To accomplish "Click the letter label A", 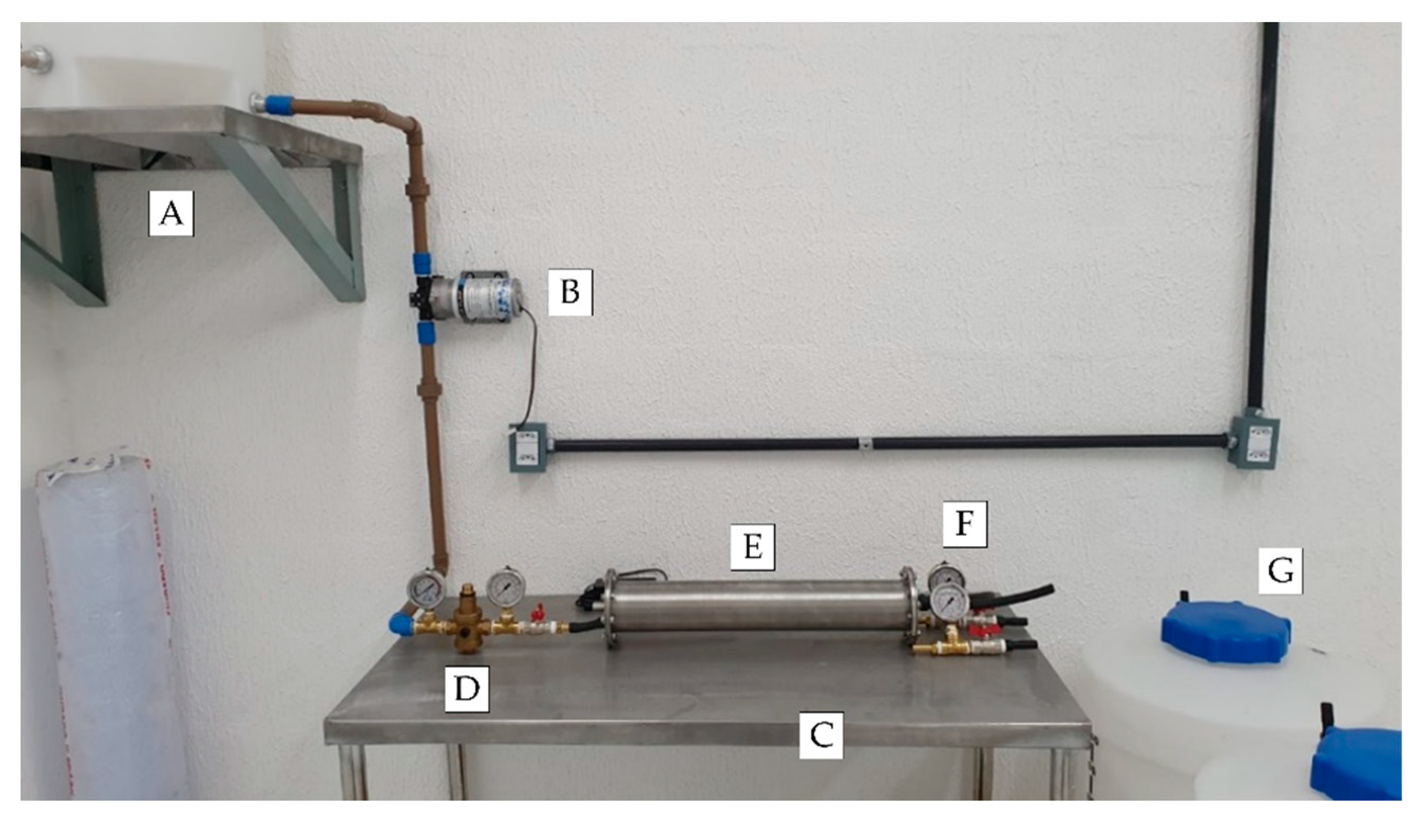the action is point(171,214).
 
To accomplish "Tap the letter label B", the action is point(570,292).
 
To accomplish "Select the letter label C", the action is point(821,735).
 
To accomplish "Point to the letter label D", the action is point(466,688).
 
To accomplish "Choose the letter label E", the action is point(752,547).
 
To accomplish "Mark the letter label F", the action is point(965,524).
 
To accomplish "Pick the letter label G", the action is point(1280,571).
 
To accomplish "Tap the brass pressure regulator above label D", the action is point(465,620).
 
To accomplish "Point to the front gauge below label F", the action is point(949,603).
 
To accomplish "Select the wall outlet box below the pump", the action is point(528,448).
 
